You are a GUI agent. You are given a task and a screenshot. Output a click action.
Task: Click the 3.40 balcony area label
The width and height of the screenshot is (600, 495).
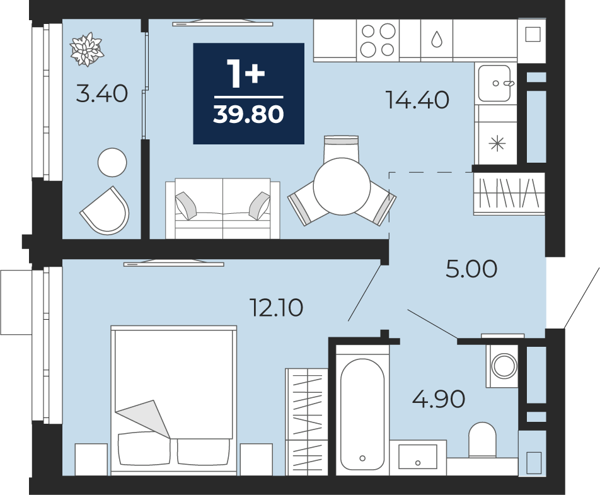[102, 94]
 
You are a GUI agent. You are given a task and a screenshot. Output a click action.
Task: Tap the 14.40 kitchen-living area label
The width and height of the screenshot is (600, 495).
[417, 100]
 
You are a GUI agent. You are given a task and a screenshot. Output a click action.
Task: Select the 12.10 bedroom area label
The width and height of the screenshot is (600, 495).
[276, 308]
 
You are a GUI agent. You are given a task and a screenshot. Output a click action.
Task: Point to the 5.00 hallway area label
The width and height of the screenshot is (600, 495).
[471, 269]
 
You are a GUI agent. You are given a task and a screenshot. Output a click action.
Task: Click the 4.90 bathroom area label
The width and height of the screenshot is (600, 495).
[439, 399]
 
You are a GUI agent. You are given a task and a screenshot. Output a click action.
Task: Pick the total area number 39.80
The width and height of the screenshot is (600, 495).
[248, 114]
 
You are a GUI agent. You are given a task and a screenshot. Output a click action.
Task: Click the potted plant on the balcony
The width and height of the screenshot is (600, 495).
[87, 49]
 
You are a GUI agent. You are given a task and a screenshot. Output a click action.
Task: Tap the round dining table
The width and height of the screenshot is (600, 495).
[342, 187]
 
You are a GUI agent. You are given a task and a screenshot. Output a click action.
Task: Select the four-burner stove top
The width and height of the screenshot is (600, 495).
[378, 40]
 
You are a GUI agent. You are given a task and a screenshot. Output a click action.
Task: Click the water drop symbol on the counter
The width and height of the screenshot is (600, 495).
[437, 38]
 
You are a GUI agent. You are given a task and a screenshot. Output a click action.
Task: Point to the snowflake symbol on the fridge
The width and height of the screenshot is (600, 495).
[497, 144]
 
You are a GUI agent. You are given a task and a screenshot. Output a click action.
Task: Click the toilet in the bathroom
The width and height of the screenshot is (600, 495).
[482, 440]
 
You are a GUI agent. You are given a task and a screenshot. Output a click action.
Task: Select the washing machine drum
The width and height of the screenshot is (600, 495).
[504, 366]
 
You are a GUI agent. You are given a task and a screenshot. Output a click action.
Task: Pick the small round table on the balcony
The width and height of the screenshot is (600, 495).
[112, 162]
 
